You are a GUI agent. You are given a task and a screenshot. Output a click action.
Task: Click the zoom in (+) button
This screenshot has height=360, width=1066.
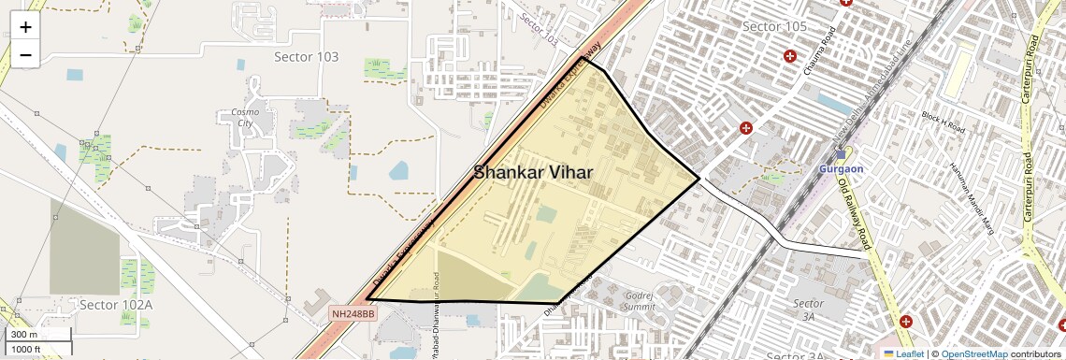(x=25, y=27)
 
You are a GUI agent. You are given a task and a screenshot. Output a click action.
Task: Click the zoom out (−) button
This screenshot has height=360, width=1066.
(x=25, y=55)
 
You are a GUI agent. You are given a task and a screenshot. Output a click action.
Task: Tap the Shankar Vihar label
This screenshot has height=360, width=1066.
(x=533, y=173)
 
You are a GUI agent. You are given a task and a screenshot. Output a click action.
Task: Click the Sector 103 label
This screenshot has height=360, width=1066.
(x=306, y=57)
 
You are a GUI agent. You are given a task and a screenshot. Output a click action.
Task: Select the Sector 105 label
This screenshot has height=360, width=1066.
(x=774, y=25)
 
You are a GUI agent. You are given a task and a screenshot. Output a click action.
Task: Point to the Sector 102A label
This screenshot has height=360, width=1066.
(x=116, y=305)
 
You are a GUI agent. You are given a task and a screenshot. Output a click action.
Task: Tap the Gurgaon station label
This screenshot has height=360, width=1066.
(x=841, y=168)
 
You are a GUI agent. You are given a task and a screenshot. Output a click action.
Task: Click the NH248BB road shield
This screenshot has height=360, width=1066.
(x=353, y=314)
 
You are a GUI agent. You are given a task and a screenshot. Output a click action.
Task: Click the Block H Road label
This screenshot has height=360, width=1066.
(x=943, y=122)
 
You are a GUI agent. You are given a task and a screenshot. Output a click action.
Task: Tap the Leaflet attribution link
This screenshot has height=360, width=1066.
(x=903, y=353)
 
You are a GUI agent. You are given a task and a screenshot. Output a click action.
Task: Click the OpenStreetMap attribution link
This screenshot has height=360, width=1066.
(x=973, y=353)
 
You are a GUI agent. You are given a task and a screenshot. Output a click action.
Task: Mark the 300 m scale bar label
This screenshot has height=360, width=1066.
(x=24, y=335)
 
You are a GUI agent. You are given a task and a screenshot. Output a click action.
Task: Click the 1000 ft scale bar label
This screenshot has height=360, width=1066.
(x=28, y=349)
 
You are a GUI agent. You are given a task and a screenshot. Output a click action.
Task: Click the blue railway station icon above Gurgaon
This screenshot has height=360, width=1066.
(x=841, y=154)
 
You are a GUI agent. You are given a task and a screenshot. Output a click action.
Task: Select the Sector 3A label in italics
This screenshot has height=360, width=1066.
(x=808, y=310)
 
